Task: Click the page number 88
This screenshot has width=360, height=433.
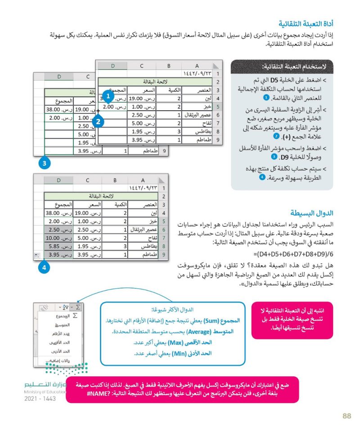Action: pos(346,416)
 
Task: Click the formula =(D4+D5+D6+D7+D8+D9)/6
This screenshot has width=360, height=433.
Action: pos(296,253)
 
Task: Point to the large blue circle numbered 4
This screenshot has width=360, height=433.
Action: pos(44,267)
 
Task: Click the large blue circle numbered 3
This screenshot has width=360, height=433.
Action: pos(44,163)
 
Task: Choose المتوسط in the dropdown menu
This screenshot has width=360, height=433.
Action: pos(61,325)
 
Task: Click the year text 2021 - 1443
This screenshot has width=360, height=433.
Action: pos(40,399)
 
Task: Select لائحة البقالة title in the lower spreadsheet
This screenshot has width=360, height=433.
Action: pos(101,195)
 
